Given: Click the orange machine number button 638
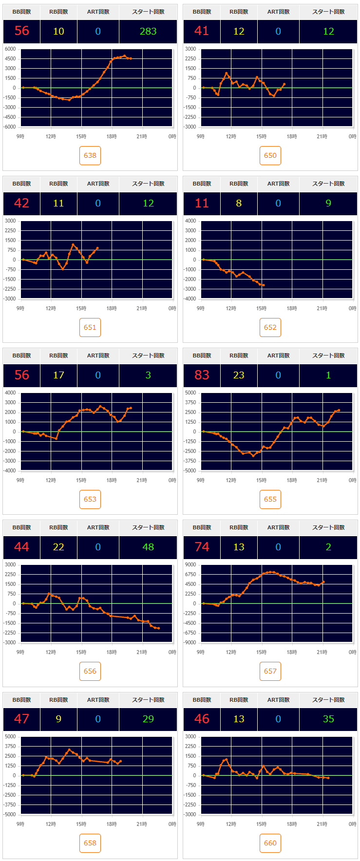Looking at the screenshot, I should click(90, 155).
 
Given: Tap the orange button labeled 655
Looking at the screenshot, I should click(270, 499).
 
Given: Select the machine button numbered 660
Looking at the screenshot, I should click(270, 843).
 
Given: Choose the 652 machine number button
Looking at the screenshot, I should click(270, 327).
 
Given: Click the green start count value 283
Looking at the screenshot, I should click(148, 31).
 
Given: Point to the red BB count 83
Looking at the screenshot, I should click(202, 375).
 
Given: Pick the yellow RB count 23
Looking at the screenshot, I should click(239, 375).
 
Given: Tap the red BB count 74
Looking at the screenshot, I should click(202, 547).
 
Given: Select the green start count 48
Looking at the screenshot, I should click(148, 547).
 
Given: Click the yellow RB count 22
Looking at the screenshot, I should click(58, 547).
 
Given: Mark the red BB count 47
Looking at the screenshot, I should click(21, 719).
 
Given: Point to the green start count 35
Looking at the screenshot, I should click(328, 719).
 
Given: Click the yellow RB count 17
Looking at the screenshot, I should click(58, 375).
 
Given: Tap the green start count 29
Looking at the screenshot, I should click(148, 719).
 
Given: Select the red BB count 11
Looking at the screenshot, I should click(202, 203).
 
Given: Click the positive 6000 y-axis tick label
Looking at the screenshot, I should click(10, 49).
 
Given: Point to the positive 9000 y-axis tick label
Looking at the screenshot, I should click(190, 564).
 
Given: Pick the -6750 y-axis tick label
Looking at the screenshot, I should click(189, 633).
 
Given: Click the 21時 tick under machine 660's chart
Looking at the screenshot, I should click(322, 824).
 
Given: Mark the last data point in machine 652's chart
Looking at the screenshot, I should click(264, 285).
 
